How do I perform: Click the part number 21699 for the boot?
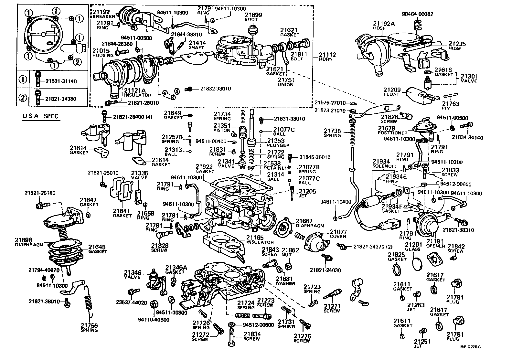[253, 15]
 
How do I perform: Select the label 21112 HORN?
[328, 57]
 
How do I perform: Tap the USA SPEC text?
[41, 116]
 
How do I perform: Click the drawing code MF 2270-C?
[471, 347]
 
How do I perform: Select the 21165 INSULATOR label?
[260, 239]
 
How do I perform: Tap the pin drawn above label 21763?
[450, 96]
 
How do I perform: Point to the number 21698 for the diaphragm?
[23, 240]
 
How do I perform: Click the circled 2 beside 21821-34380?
[22, 98]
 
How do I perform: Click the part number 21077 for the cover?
[338, 232]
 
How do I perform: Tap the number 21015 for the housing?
[101, 51]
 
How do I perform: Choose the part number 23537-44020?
[132, 303]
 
